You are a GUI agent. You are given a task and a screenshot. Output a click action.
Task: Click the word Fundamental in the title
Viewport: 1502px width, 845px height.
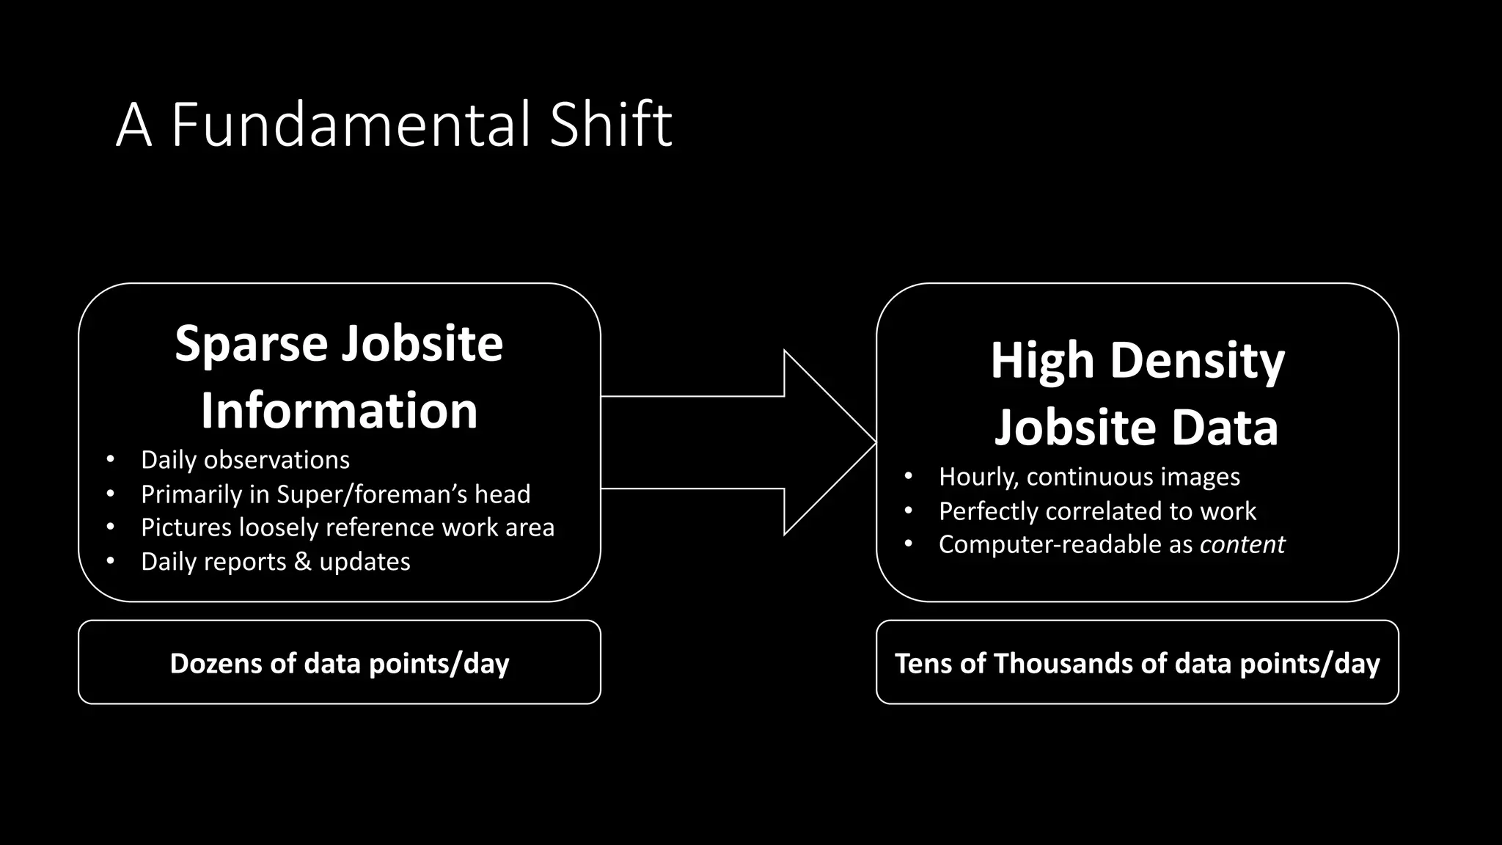[351, 125]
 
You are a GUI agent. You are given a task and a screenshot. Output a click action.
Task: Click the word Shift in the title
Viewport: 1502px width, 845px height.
[610, 125]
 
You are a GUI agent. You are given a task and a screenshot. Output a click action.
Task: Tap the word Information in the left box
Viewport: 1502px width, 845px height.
[339, 410]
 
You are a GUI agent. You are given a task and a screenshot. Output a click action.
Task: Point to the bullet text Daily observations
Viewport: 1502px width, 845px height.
[245, 460]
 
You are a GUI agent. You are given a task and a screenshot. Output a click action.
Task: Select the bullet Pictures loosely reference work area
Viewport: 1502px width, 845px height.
[347, 527]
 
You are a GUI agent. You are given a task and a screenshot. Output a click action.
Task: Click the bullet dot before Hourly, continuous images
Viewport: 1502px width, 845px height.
[908, 477]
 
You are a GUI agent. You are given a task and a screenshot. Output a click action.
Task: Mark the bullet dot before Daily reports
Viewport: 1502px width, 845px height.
[110, 562]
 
